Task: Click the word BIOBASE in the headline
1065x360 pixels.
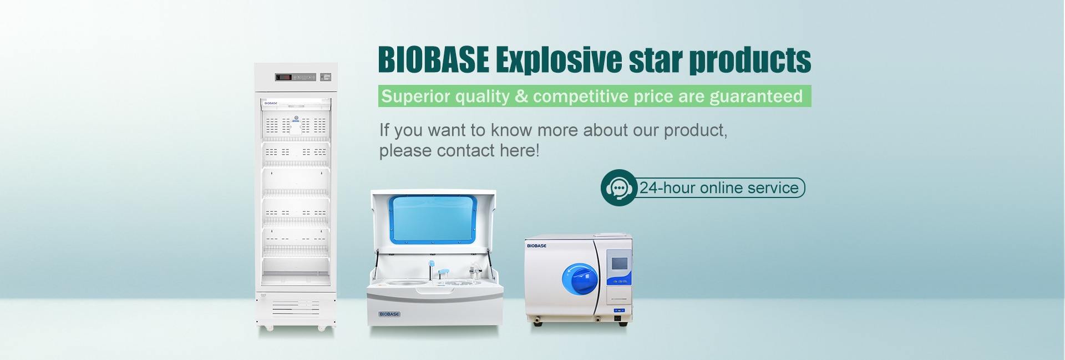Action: (434, 59)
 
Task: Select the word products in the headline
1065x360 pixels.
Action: (750, 60)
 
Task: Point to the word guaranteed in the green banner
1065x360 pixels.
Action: (756, 97)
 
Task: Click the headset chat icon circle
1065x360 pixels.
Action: (618, 187)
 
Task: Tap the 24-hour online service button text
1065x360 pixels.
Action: (719, 187)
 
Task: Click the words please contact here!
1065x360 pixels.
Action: (459, 151)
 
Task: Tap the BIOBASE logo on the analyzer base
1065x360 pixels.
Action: (389, 314)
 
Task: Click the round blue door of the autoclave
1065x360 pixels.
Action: (580, 278)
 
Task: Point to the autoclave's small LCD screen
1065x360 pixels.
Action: (619, 263)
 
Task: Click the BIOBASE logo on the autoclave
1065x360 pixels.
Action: (536, 246)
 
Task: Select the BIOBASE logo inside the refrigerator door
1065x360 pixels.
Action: (271, 103)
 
